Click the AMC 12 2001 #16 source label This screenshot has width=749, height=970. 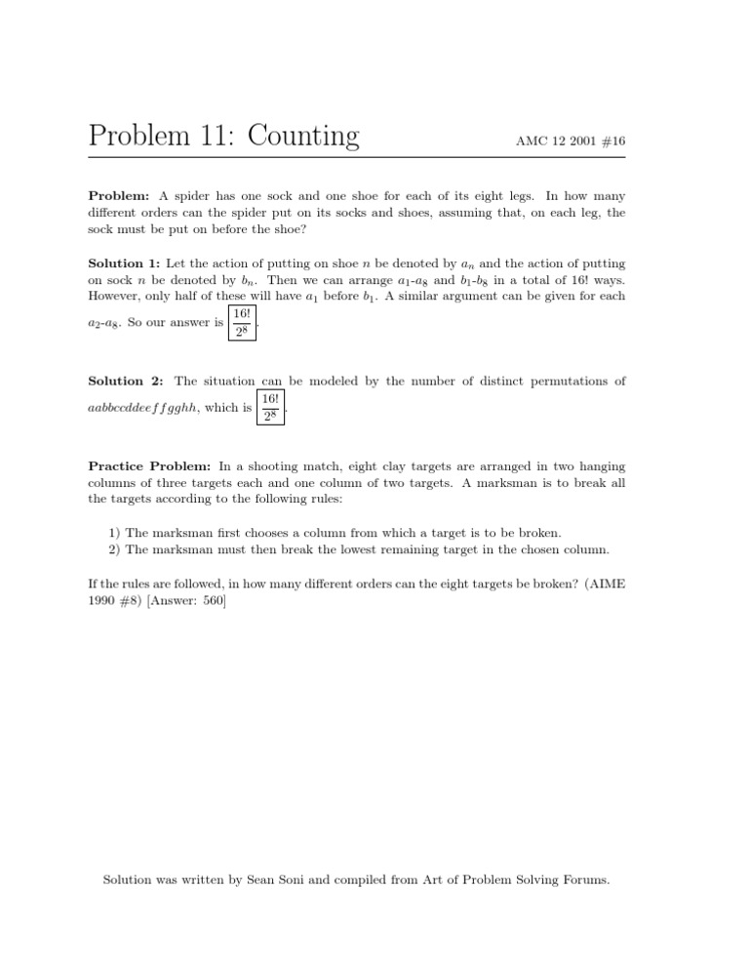click(571, 141)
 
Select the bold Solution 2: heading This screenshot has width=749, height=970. click(125, 381)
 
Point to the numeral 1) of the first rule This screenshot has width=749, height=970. click(116, 533)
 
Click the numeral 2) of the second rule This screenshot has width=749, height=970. click(116, 549)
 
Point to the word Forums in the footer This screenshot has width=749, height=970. click(582, 880)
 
